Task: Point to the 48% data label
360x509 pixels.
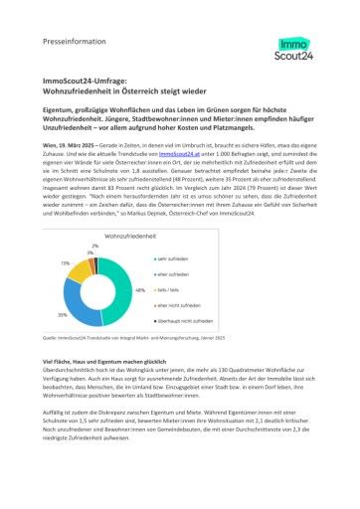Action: click(139, 289)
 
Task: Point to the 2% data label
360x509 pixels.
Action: click(95, 245)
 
